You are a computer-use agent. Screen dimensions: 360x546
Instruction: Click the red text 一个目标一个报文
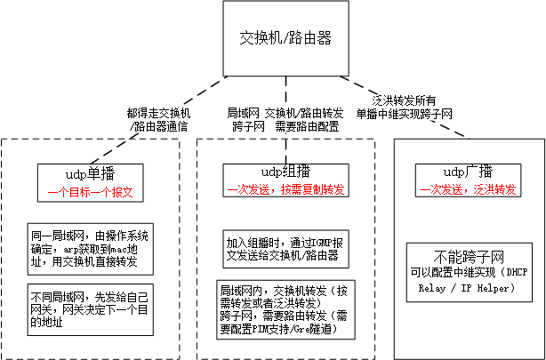[x=83, y=191]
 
